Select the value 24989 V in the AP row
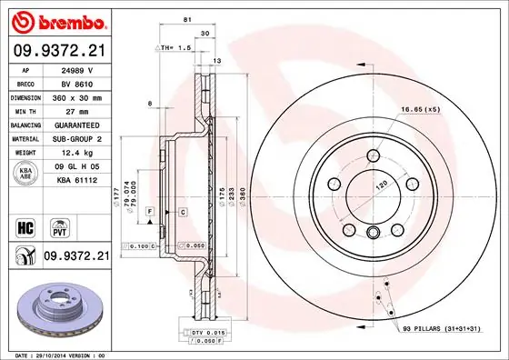[77, 68]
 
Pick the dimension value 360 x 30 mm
[78, 95]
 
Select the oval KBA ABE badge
[25, 175]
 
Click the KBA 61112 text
[76, 180]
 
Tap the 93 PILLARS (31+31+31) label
[445, 328]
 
